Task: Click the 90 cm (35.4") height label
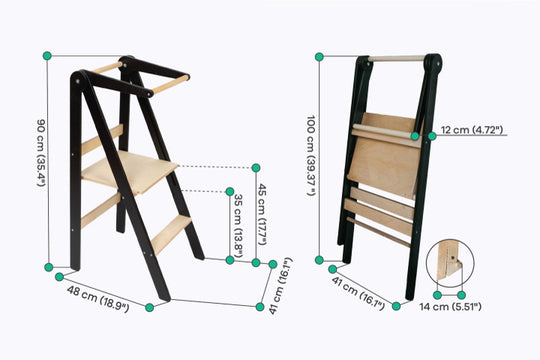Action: [41, 153]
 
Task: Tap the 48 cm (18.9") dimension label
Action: [98, 299]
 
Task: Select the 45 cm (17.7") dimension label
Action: [262, 214]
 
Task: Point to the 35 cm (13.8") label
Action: [238, 226]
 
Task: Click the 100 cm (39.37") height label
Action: [311, 156]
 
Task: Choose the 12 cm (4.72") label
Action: [472, 130]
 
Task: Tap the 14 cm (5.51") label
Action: [450, 306]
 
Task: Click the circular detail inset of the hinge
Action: [450, 263]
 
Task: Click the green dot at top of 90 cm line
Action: [47, 56]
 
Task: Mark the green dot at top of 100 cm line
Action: [319, 57]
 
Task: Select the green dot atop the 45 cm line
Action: [256, 168]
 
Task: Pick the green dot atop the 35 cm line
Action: [230, 192]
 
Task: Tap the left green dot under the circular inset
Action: [437, 295]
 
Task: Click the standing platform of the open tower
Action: [130, 171]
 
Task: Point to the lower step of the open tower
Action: [171, 234]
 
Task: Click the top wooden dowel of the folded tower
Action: [396, 59]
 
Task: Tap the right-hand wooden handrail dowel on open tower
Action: [170, 84]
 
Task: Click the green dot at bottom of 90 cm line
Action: [49, 267]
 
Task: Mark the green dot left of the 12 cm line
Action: [415, 136]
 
